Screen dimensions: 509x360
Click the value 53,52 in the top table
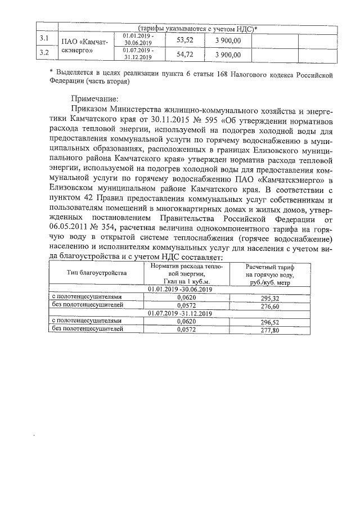(x=184, y=40)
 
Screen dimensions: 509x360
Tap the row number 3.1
(x=43, y=39)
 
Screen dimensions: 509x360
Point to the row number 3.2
(x=43, y=53)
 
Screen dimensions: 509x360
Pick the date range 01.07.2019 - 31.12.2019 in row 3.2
(x=137, y=54)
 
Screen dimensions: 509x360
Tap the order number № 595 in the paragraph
(x=210, y=119)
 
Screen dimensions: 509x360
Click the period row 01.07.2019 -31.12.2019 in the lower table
(x=179, y=313)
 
